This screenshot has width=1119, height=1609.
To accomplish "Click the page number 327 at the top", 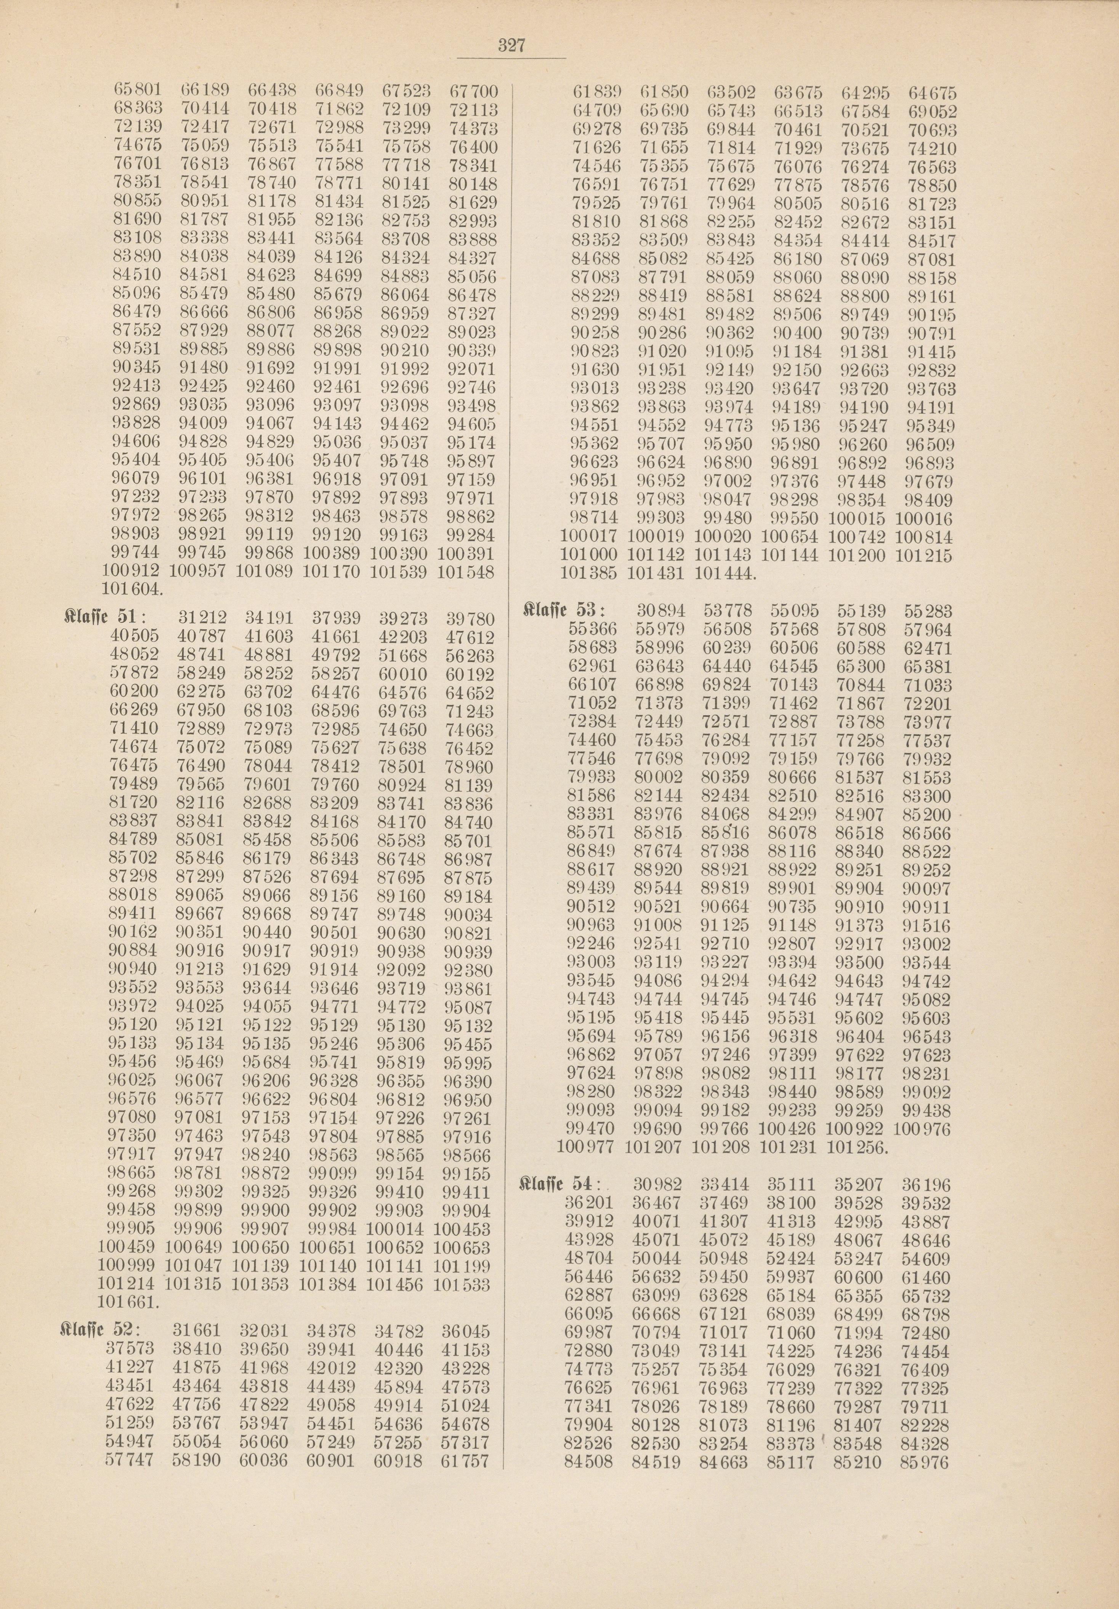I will point(511,46).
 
